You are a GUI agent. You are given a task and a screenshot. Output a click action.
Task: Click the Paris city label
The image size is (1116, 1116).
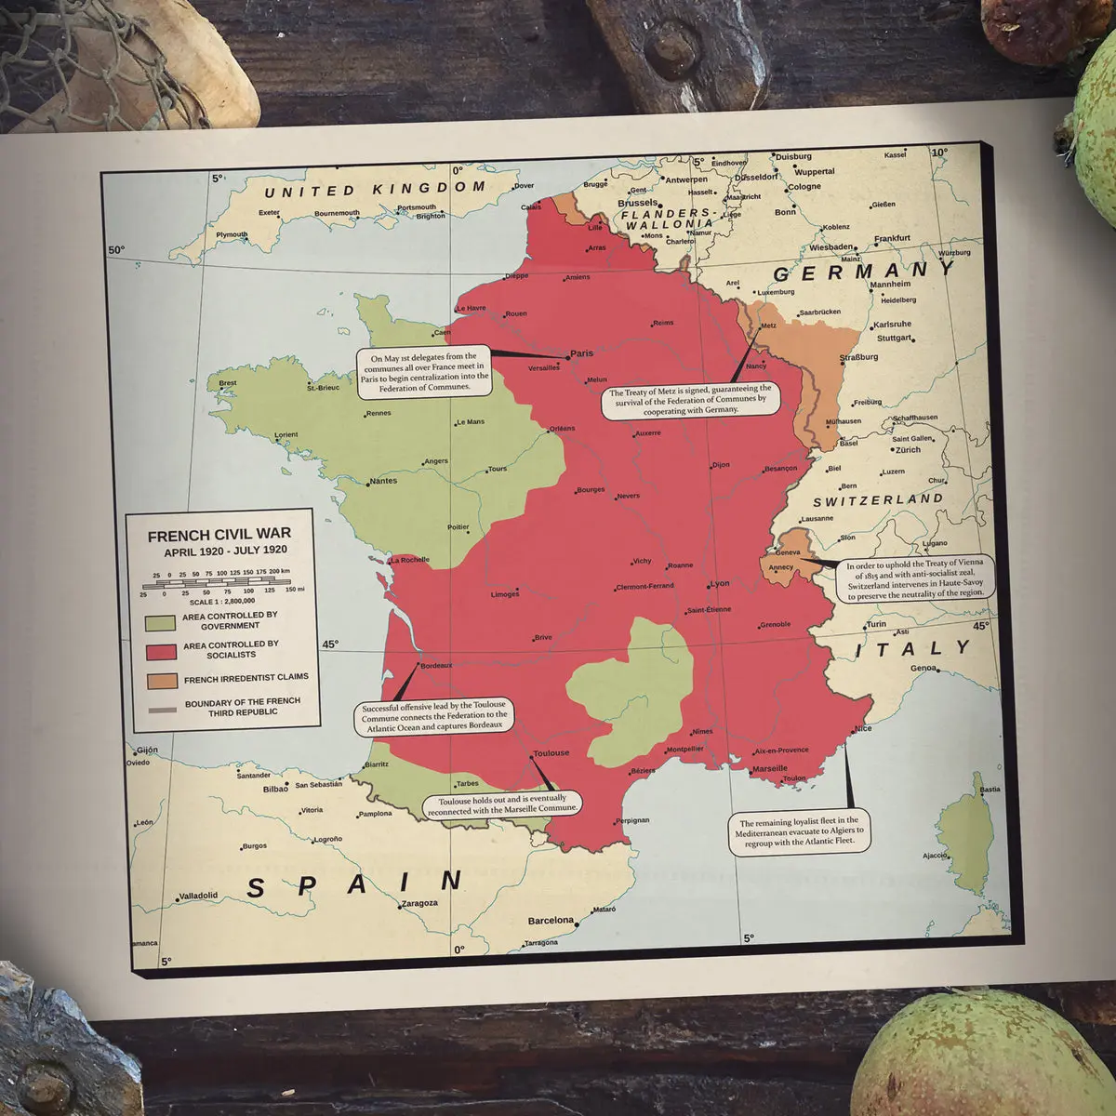581,353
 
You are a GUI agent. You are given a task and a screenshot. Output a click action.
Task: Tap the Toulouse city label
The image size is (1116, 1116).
551,753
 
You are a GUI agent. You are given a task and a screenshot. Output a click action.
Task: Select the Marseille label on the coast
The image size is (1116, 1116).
770,769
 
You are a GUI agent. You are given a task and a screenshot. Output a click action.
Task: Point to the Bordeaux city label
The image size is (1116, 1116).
436,666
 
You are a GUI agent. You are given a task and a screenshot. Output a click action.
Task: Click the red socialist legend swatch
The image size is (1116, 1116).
161,650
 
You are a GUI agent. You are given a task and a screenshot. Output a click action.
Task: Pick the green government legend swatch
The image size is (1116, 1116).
161,620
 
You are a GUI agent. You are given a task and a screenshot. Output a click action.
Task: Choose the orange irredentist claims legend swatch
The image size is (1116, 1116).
161,680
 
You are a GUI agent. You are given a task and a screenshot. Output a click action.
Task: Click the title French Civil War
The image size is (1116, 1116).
219,535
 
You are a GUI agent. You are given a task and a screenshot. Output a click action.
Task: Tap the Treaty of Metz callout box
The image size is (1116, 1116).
690,399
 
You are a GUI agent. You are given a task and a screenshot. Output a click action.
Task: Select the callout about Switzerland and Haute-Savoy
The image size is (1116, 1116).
919,578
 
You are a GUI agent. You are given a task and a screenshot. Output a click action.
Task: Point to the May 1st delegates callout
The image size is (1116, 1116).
423,371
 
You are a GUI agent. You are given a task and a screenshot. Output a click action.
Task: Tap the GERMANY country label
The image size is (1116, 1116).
864,272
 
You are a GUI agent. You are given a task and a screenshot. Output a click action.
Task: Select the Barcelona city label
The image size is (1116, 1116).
551,921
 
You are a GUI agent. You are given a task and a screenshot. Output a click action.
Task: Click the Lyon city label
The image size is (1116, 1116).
720,584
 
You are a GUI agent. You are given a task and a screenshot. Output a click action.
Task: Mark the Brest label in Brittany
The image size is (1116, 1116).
228,383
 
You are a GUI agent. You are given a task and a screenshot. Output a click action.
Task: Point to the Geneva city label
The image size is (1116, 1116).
788,552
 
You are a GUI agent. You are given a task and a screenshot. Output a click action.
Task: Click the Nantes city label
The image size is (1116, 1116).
383,481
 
